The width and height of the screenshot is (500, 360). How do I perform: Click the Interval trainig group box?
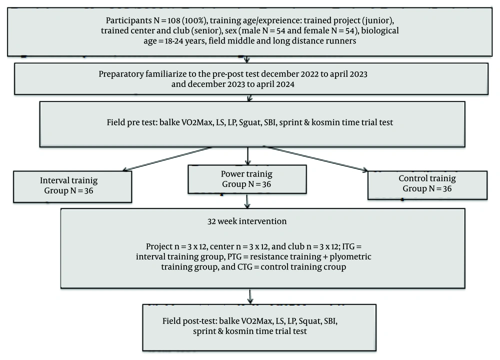72,186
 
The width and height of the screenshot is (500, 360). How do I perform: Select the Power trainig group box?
247,179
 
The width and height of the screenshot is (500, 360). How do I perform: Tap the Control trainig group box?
427,185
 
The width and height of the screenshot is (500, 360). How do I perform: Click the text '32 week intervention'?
247,221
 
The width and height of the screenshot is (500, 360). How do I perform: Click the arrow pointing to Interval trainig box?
167,159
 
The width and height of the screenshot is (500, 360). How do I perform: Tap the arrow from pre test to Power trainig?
247,156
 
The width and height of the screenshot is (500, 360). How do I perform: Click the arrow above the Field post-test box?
250,296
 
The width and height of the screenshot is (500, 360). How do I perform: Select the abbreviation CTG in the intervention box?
245,267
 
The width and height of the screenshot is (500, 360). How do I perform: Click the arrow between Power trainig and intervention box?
247,201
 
